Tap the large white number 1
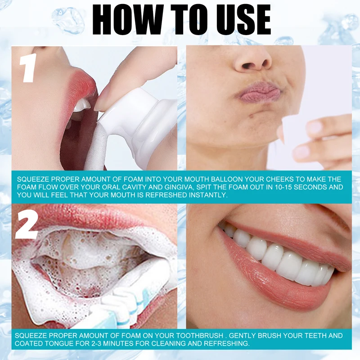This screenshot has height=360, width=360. click(28, 67)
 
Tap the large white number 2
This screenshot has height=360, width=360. click(27, 225)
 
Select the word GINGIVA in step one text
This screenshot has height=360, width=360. click(178, 187)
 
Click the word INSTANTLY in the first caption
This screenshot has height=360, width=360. click(208, 195)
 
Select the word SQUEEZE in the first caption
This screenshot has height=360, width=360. click(31, 179)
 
